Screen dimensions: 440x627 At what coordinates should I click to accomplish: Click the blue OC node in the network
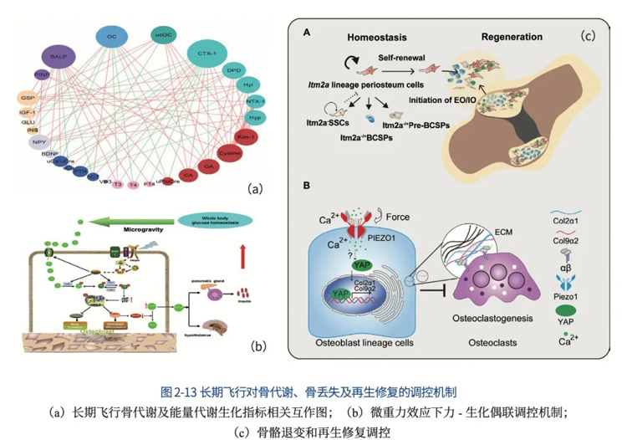(110, 36)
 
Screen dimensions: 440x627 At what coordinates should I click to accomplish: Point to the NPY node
(38, 143)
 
